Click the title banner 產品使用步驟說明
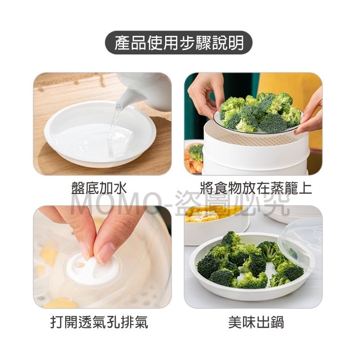point(179,43)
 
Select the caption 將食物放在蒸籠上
point(256,188)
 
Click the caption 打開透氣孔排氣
point(99,322)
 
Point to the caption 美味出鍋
point(256,322)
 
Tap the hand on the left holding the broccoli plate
point(205,92)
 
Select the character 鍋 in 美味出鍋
point(277,322)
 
